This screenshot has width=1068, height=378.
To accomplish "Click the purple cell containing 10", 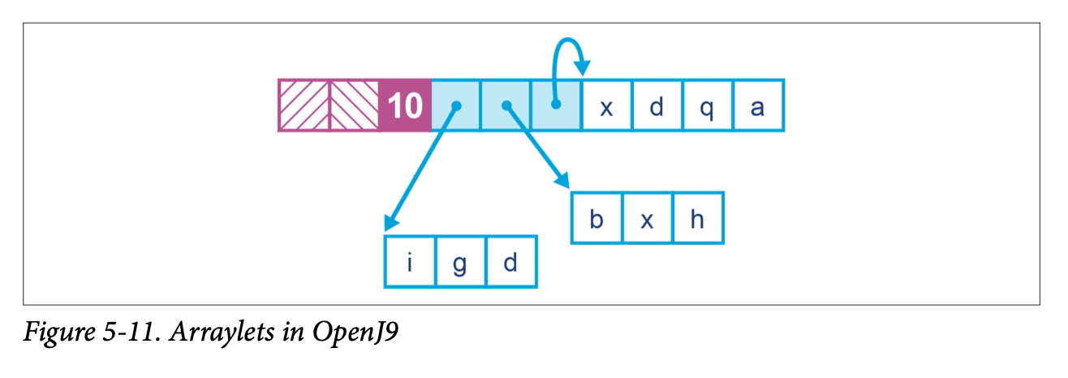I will pyautogui.click(x=405, y=105).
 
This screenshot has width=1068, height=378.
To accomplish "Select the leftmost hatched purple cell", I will pyautogui.click(x=304, y=105).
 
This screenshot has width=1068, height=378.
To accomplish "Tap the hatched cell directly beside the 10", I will pyautogui.click(x=354, y=105).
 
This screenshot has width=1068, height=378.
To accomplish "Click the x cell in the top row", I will pyautogui.click(x=606, y=105).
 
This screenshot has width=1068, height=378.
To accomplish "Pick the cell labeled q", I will pyautogui.click(x=707, y=105).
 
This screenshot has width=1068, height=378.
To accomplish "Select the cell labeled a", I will pyautogui.click(x=758, y=105).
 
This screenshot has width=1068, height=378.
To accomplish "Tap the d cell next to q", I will pyautogui.click(x=657, y=105).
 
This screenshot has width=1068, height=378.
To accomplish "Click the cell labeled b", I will pyautogui.click(x=596, y=218).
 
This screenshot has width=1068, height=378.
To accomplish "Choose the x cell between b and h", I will pyautogui.click(x=647, y=218).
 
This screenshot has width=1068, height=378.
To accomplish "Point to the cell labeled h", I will pyautogui.click(x=697, y=218).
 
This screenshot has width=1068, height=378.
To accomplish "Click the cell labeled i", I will pyautogui.click(x=410, y=261).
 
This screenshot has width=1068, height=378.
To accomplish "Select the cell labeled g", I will pyautogui.click(x=460, y=261).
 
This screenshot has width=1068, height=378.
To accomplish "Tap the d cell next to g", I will pyautogui.click(x=510, y=261).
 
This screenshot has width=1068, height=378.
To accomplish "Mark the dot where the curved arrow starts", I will pyautogui.click(x=556, y=105).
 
